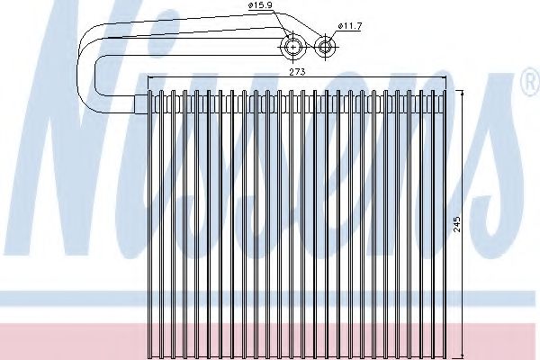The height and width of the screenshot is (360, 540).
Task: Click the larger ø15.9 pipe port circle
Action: coord(292,46)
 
